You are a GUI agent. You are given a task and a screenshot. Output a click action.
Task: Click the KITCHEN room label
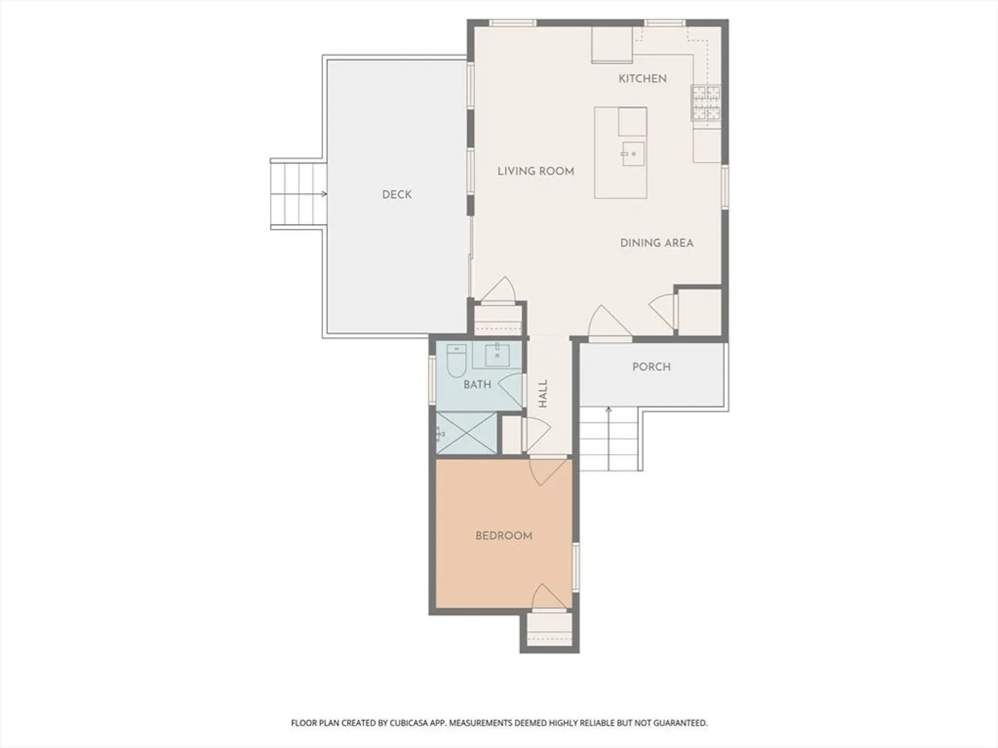pyautogui.click(x=642, y=78)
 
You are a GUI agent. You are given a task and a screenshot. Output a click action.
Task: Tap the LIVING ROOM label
pyautogui.click(x=536, y=171)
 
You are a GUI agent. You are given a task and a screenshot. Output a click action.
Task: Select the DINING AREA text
pyautogui.click(x=656, y=243)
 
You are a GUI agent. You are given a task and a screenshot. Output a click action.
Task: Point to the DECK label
pyautogui.click(x=396, y=195)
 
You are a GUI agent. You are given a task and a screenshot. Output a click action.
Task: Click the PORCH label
pyautogui.click(x=651, y=367)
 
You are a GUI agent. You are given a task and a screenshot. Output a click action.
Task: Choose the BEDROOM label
pyautogui.click(x=504, y=536)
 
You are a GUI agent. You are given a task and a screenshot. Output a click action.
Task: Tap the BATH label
pyautogui.click(x=477, y=384)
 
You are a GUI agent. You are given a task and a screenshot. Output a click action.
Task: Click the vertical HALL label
pyautogui.click(x=543, y=393)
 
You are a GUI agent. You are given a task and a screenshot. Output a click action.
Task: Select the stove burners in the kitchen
pyautogui.click(x=706, y=103)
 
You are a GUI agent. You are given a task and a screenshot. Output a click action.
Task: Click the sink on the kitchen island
pyautogui.click(x=633, y=154)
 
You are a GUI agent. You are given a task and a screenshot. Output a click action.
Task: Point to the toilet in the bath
pyautogui.click(x=456, y=361)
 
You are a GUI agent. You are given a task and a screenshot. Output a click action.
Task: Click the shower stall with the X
pyautogui.click(x=466, y=433)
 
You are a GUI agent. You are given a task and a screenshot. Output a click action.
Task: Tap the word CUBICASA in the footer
pyautogui.click(x=408, y=723)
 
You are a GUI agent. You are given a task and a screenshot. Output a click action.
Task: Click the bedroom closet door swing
pyautogui.click(x=548, y=597)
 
